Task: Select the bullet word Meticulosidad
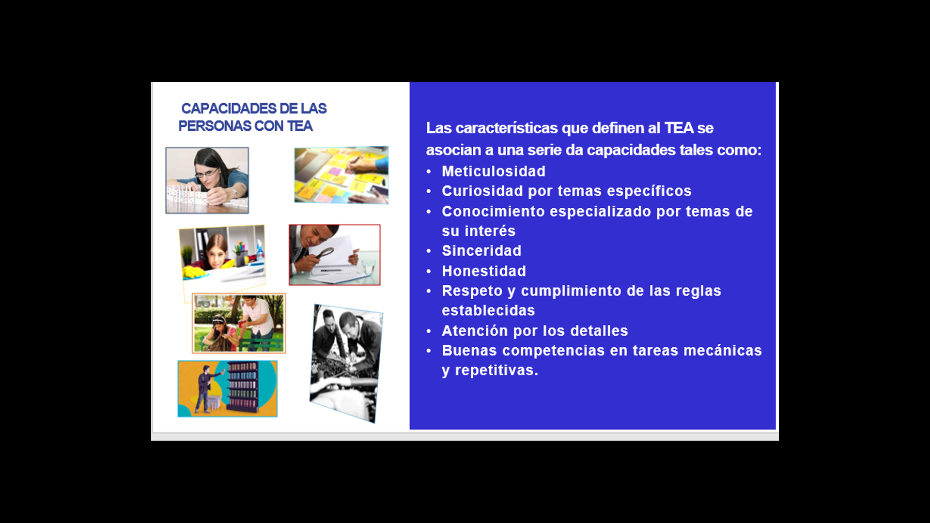click(494, 171)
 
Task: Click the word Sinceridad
click(481, 250)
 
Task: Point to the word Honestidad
click(484, 271)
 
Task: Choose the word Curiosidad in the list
click(482, 191)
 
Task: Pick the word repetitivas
click(496, 370)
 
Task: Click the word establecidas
click(488, 310)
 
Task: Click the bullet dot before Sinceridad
click(429, 251)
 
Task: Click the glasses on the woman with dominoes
click(206, 173)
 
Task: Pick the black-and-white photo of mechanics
click(346, 363)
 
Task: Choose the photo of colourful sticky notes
click(341, 175)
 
